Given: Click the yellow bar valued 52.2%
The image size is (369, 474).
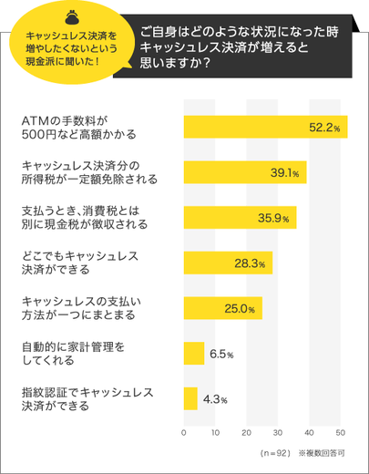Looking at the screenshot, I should [264, 127].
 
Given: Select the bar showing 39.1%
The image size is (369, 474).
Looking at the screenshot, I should [244, 172].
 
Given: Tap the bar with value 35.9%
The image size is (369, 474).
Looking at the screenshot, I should [240, 218].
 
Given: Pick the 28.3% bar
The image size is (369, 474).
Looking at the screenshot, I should [228, 263].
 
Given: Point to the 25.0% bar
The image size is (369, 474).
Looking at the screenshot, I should [222, 308].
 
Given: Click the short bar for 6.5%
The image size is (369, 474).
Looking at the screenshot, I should [193, 353].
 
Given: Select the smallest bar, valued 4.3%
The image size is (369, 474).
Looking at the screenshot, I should [190, 398].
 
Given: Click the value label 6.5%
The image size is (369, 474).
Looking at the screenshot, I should [222, 354].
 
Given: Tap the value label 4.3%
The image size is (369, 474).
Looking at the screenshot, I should [215, 399].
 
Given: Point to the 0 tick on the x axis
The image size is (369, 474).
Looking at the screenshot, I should [184, 432].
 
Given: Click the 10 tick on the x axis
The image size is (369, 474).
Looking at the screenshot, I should [215, 432].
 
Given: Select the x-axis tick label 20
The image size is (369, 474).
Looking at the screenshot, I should [247, 432].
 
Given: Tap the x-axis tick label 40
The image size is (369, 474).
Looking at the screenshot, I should [310, 432].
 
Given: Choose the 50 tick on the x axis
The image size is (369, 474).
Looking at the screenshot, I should [341, 432].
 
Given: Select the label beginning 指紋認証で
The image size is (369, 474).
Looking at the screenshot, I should [86, 398].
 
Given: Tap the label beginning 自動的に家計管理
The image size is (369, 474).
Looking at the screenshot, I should [73, 354].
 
